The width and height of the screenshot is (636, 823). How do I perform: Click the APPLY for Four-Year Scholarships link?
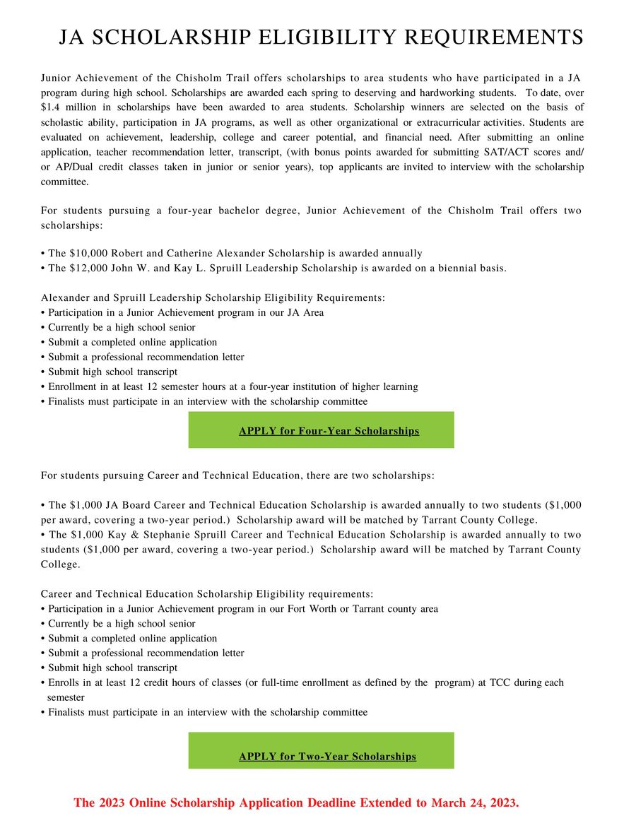coord(329,431)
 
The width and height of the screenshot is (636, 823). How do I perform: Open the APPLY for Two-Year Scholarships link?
coord(327,757)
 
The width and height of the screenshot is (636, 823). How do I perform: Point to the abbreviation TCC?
coord(500,683)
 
